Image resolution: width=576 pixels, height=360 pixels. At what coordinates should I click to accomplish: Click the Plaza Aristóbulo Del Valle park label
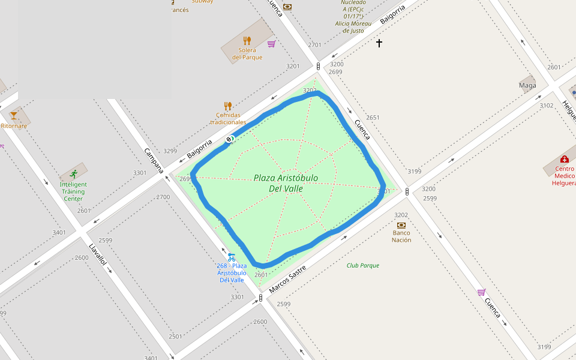(x=286, y=183)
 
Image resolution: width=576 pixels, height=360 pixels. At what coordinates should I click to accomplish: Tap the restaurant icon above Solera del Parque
(x=247, y=41)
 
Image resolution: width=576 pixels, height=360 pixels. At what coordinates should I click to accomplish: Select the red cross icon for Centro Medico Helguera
(x=564, y=159)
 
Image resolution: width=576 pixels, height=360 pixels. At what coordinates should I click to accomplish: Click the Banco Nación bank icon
(x=401, y=225)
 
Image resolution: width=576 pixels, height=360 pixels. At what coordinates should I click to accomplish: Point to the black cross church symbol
(x=379, y=43)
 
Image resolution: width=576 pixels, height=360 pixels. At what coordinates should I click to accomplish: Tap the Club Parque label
(x=363, y=265)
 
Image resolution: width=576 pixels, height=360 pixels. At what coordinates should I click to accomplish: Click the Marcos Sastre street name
(x=287, y=280)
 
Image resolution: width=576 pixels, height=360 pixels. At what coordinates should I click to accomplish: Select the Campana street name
(x=154, y=160)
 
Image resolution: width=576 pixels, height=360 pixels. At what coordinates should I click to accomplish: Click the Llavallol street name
(x=98, y=254)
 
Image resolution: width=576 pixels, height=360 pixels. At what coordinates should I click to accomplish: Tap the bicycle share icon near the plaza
(x=231, y=257)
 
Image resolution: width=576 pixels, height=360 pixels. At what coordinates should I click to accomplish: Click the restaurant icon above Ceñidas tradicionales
(x=227, y=106)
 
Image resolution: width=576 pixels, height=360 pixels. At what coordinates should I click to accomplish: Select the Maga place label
(x=527, y=85)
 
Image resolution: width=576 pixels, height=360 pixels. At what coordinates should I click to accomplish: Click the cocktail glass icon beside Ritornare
(x=14, y=115)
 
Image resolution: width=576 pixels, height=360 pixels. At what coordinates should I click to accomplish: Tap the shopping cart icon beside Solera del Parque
(x=271, y=43)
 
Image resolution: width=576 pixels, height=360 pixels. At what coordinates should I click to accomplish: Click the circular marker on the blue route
(x=229, y=140)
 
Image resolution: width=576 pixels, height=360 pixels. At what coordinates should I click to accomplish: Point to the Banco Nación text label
(x=401, y=236)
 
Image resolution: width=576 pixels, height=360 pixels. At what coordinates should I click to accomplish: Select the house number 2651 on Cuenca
(x=373, y=118)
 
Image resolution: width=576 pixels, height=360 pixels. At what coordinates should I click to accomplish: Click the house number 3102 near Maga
(x=547, y=106)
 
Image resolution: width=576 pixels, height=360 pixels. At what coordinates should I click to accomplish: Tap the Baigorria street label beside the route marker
(x=200, y=149)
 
